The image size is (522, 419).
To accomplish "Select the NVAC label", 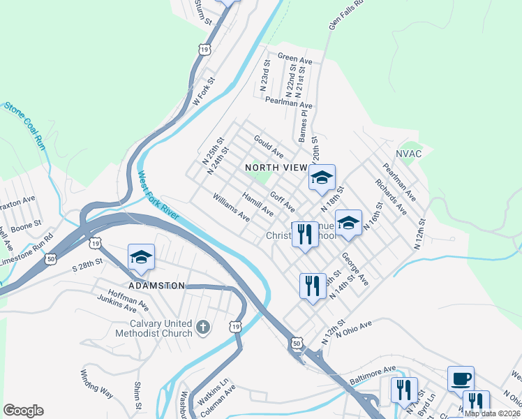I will coord(409,154).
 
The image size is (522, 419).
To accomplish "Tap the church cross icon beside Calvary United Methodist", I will coord(202,328).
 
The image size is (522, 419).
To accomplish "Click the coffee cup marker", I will coord(461,379).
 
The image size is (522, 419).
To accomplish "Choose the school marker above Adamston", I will coord(141,257).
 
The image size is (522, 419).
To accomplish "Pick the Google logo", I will coord(23,411).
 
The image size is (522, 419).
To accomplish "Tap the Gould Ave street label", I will coord(269,146).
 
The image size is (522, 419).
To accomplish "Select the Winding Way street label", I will coord(96,383).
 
